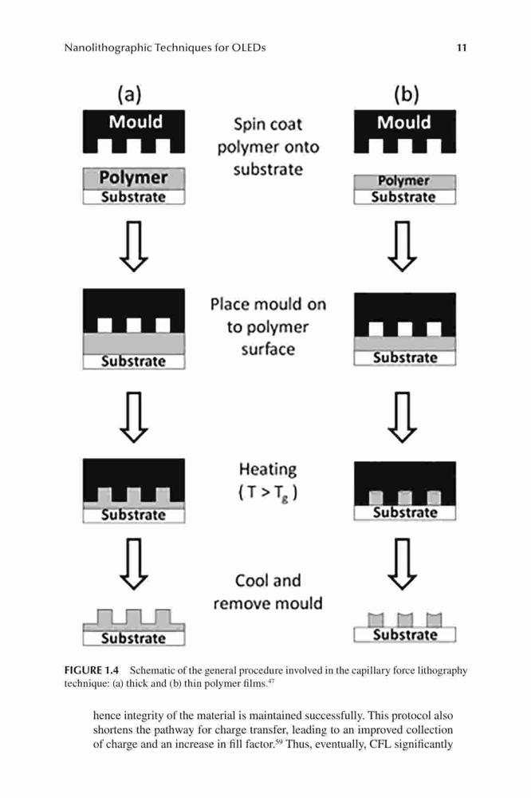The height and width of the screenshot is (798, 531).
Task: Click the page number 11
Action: coord(462,48)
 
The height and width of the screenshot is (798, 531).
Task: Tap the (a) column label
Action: coord(129,94)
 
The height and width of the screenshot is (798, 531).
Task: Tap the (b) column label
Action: coord(406,94)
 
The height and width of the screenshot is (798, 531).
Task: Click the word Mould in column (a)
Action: coord(136,122)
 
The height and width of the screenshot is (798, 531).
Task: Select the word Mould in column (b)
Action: coord(404,123)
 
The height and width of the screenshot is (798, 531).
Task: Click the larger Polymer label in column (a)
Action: coord(133,178)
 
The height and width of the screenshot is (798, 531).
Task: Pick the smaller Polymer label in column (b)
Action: coord(403,181)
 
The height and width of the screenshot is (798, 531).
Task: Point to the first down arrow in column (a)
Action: coord(134,247)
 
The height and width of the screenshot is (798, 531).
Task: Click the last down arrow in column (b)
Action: coord(403,564)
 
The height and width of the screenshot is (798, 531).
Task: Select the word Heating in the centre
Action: coord(268,469)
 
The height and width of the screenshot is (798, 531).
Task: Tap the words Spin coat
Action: coord(268,124)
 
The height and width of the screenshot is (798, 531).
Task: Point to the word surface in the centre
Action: coord(268,350)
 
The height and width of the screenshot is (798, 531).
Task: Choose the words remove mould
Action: coord(268,603)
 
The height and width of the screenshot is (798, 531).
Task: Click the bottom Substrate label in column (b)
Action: coord(405,634)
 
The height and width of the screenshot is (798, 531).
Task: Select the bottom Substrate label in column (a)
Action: coord(133,638)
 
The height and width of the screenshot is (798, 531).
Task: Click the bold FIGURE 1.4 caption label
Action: coord(92,670)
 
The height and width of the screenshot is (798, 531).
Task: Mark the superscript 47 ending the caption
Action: coord(271,681)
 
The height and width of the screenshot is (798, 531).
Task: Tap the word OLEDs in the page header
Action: coord(249,48)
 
